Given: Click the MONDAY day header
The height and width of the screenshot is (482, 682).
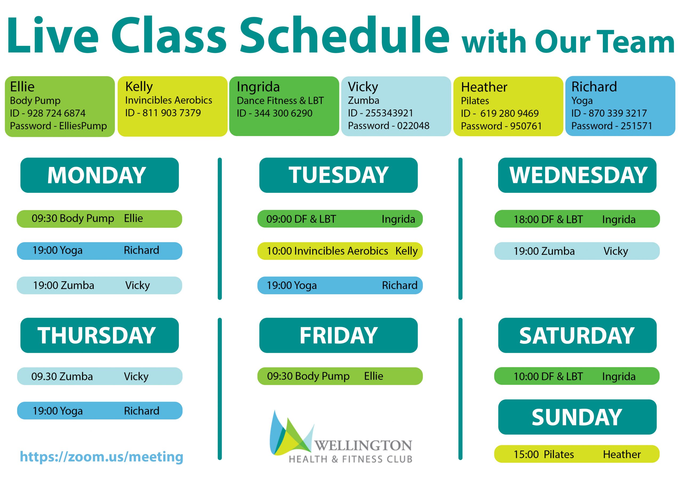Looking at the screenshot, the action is coord(100,175).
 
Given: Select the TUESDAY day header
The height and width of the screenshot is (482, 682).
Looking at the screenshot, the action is coord(338,175).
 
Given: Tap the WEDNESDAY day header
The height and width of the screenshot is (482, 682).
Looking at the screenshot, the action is coord(577,175).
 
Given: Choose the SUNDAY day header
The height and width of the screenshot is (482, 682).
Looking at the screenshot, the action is coord(577,417).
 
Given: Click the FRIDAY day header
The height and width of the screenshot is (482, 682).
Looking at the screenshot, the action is coord(338,335).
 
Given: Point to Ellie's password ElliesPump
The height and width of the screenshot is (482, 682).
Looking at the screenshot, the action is coord(83,126).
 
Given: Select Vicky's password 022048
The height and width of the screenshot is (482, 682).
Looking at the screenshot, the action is coord(413,126).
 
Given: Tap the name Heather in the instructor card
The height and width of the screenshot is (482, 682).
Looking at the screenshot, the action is coord(484,87).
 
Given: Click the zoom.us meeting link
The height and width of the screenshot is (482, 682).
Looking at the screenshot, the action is coord(101,457).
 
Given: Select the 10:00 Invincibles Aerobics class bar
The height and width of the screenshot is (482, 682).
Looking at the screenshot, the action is coord(340,251).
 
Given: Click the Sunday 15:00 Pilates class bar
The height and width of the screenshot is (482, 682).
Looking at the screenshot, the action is coord(577,454).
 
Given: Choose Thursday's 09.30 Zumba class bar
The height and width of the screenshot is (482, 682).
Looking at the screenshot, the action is coord(100,376).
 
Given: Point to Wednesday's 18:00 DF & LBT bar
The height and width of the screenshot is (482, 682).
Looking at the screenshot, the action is coord(577,219).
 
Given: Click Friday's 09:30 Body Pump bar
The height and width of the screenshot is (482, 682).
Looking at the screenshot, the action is coord(340,376).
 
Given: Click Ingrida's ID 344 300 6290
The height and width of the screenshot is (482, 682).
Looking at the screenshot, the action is coord(283,113).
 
